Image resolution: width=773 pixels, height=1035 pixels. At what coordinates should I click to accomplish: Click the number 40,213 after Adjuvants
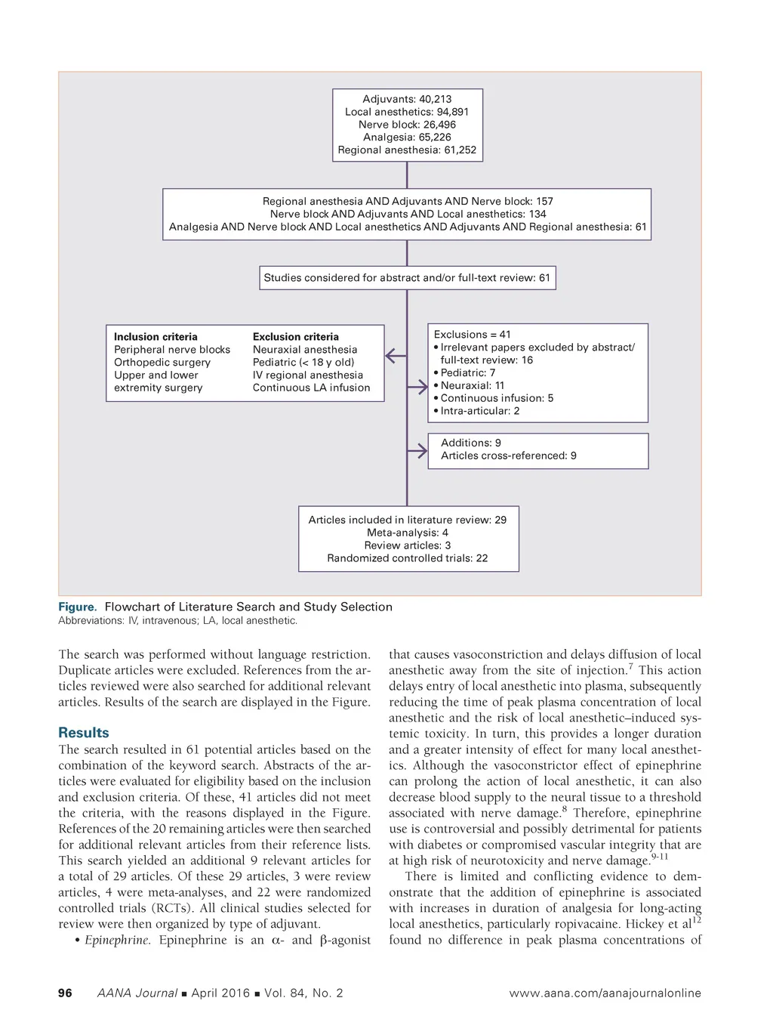click(x=436, y=99)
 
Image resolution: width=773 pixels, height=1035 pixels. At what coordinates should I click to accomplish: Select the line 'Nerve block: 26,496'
click(x=407, y=125)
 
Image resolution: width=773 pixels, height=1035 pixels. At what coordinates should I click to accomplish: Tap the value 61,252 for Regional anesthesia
click(x=460, y=150)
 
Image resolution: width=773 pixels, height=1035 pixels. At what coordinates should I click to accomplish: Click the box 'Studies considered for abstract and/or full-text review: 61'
click(x=407, y=277)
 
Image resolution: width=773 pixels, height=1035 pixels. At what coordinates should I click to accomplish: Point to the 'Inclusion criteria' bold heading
click(x=156, y=337)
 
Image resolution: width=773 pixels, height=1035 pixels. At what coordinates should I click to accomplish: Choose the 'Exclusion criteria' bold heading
click(x=295, y=337)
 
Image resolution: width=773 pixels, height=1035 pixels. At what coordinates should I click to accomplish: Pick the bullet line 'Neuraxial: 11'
click(x=472, y=385)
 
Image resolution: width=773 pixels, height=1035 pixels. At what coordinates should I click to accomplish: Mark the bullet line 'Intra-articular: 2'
click(x=479, y=411)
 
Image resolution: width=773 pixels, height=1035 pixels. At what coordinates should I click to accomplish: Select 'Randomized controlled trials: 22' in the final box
click(x=407, y=558)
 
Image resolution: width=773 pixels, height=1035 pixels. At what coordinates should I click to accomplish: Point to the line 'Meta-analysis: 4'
click(x=407, y=533)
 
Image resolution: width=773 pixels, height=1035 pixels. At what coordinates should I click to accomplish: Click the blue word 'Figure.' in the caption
click(x=78, y=607)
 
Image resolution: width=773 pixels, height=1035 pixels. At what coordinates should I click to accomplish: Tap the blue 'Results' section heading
click(x=83, y=733)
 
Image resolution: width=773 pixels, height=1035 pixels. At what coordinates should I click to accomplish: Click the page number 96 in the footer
click(x=66, y=993)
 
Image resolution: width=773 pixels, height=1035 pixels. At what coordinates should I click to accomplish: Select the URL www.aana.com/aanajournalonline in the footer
click(x=605, y=993)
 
